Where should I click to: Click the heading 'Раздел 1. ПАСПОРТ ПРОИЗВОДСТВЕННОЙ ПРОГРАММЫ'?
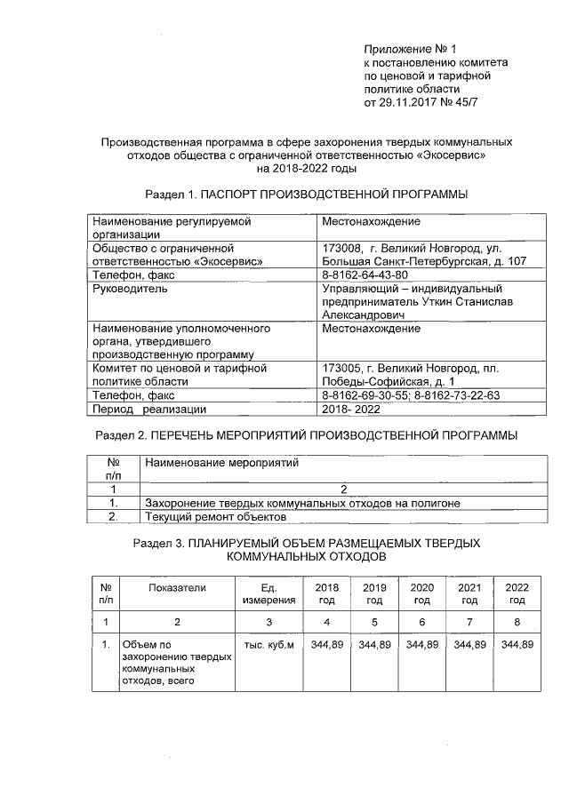click(306, 194)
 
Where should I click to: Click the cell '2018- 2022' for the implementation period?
click(351, 409)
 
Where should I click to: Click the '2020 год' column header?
click(421, 594)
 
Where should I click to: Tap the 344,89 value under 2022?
click(517, 645)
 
